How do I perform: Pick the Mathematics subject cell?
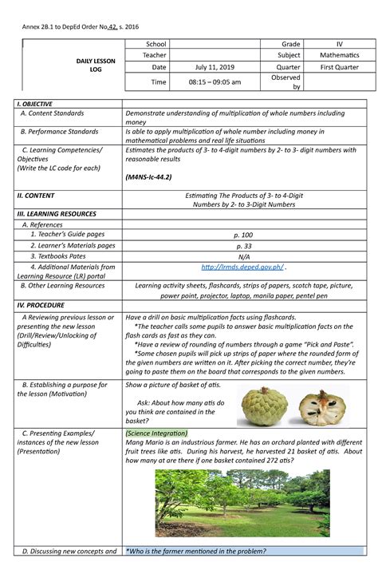click(339, 54)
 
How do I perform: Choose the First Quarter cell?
click(339, 68)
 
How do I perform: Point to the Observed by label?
click(285, 82)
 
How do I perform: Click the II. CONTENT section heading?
click(37, 194)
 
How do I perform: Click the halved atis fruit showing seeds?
click(322, 407)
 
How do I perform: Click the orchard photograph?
click(242, 502)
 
